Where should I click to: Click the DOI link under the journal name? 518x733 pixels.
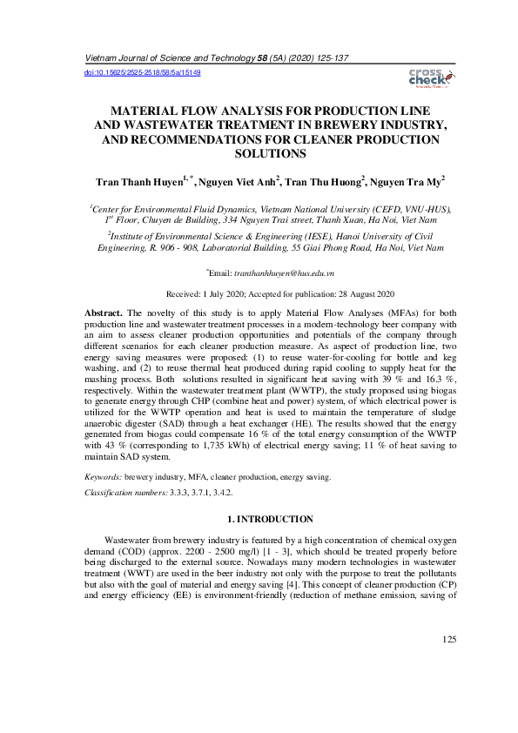pos(142,73)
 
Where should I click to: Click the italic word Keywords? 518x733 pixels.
pos(102,478)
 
